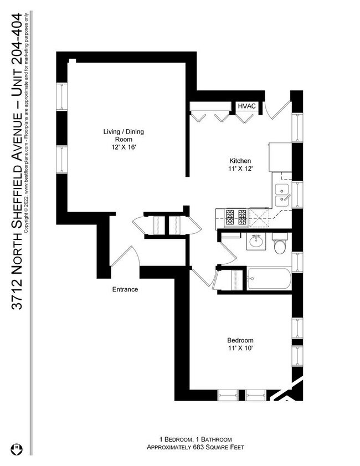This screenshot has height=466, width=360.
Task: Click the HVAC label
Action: click(245, 106)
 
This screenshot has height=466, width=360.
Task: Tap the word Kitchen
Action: click(240, 161)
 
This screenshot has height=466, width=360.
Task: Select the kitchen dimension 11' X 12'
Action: click(240, 168)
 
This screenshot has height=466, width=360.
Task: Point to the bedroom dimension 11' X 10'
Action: click(240, 348)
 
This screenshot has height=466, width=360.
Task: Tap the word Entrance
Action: click(125, 289)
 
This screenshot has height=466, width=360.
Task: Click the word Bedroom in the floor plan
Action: click(240, 340)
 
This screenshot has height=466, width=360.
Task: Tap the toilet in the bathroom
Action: click(280, 244)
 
